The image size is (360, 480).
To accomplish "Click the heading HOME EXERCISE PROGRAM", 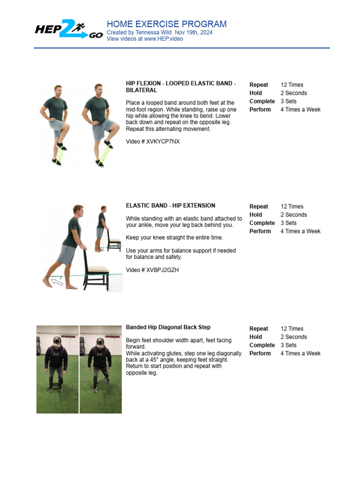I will [x=166, y=24].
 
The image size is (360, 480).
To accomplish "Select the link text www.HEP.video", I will [x=164, y=39].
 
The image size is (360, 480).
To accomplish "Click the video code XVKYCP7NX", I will [x=163, y=141].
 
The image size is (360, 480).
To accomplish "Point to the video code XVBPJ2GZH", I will [x=163, y=270].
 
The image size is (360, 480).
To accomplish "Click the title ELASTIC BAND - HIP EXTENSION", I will [x=171, y=205].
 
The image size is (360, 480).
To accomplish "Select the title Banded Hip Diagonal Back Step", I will [x=168, y=327].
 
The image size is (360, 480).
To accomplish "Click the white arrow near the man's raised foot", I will [x=57, y=281].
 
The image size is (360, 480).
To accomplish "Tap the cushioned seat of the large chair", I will [x=97, y=270].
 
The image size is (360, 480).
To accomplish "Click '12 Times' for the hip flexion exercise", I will [x=292, y=85].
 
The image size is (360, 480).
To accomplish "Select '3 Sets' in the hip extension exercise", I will [x=288, y=223].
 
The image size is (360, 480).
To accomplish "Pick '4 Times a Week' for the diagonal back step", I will [x=300, y=353].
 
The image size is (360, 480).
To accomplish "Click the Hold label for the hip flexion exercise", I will [x=255, y=93].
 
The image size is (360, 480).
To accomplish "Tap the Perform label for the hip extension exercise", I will [x=260, y=231].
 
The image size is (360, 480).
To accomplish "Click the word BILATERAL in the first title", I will [x=142, y=90].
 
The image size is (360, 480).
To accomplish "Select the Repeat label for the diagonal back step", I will [x=259, y=329].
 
